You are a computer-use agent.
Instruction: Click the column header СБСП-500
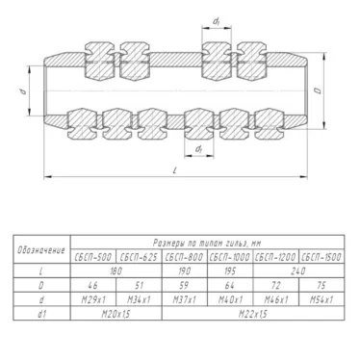pyautogui.click(x=93, y=258)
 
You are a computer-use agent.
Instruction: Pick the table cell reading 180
pyautogui.click(x=116, y=272)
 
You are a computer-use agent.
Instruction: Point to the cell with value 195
pyautogui.click(x=229, y=272)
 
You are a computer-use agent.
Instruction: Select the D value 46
pyautogui.click(x=93, y=286)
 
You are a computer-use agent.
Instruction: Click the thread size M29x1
pyautogui.click(x=93, y=300)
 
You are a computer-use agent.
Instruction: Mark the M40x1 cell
pyautogui.click(x=229, y=300)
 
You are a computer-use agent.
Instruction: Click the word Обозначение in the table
pyautogui.click(x=43, y=251)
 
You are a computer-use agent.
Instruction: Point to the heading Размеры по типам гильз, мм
pyautogui.click(x=207, y=244)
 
